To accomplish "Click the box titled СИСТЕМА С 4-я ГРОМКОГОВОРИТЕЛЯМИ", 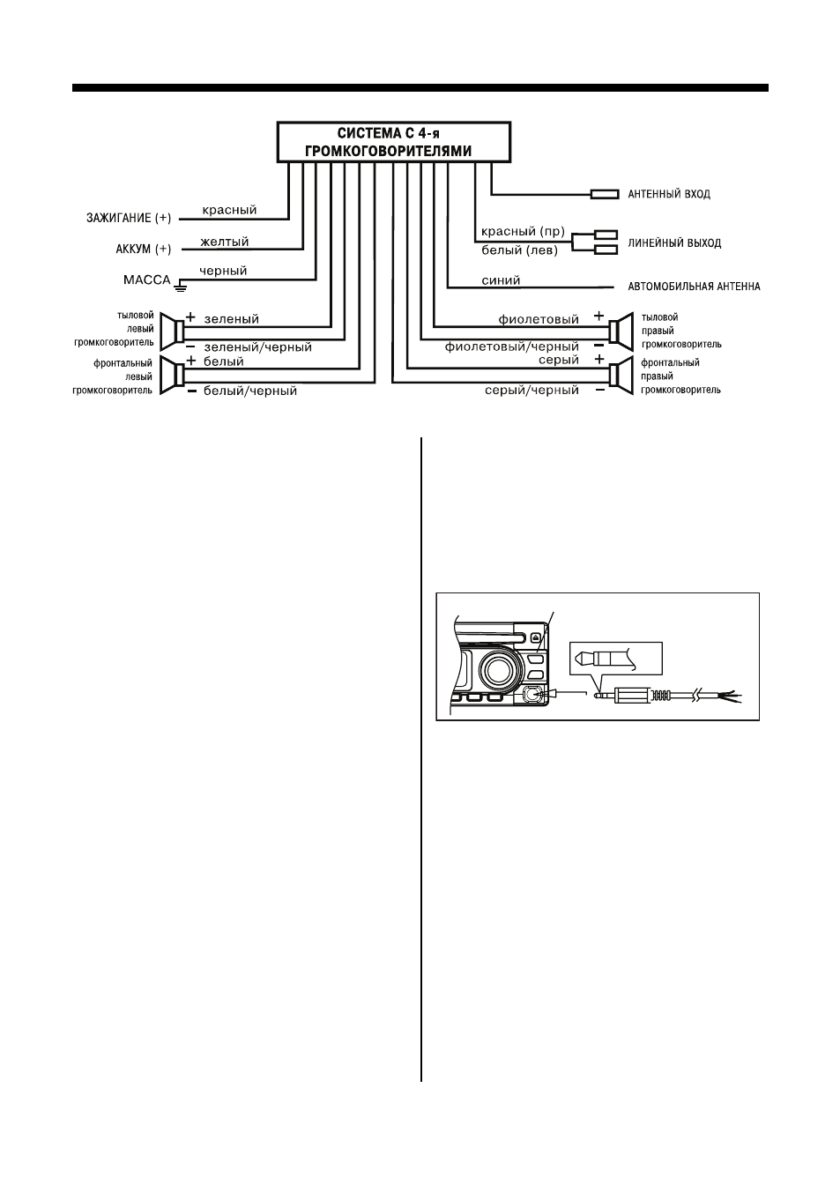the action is pos(394,142).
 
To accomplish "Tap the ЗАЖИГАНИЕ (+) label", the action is pos(129,218).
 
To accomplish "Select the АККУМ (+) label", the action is pos(144,249).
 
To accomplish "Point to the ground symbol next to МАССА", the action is pos(181,287).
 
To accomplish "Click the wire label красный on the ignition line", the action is pos(229,210).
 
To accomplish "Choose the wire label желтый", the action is pos(225,242).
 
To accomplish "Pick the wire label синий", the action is pos(501,280).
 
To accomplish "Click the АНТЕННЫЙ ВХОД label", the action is pos(669,194).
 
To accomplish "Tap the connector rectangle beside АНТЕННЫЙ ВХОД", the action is pos(605,194).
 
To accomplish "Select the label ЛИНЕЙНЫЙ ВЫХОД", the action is pos(674,243).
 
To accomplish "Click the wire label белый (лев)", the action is pos(520,250).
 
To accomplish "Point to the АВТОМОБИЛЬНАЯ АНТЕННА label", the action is pos(695,287).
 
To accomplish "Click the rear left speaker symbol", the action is pos(173,332).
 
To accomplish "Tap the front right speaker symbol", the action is pos(621,376).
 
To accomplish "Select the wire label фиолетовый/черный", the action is pos(512,347).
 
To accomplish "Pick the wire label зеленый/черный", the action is pos(258,347).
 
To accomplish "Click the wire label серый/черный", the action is pos(532,391).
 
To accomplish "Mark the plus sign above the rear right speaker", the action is pos(598,316).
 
